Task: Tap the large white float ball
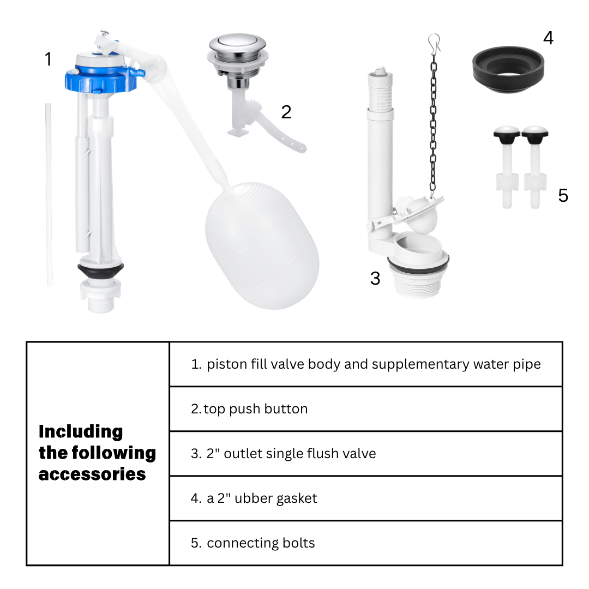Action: point(262,246)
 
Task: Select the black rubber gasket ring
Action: point(508,69)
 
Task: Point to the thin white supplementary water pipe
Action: point(49,195)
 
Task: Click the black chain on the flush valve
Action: point(434,124)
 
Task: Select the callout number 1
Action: point(48,59)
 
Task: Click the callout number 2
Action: point(286,112)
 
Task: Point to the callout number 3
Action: point(375,278)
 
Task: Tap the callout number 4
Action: point(549,38)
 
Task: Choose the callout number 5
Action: point(563,195)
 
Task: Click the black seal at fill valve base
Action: point(101,270)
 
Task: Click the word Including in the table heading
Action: point(81,432)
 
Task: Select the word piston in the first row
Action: point(227,364)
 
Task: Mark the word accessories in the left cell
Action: point(92,474)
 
